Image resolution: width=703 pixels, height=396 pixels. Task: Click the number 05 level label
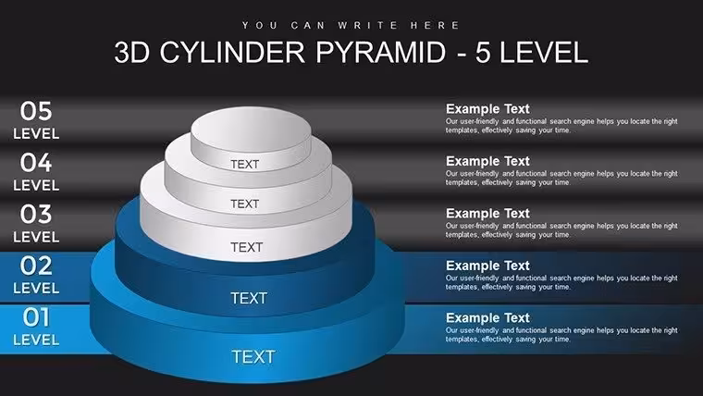[x=36, y=111]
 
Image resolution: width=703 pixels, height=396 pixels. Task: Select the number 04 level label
[x=36, y=163]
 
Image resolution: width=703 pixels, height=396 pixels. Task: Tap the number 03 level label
[x=36, y=215]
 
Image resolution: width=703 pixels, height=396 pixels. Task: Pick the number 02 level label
[x=36, y=266]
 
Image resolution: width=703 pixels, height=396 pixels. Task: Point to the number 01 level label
[x=36, y=317]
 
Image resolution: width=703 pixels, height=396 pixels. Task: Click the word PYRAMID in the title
[x=381, y=52]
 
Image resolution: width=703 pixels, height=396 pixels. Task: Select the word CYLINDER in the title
[x=232, y=52]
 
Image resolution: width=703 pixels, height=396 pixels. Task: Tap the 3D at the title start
[x=131, y=52]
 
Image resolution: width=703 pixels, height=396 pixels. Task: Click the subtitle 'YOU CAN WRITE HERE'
[x=351, y=26]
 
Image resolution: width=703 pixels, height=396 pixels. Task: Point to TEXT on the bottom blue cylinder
[x=253, y=357]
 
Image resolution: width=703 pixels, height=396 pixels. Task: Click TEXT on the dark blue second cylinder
[x=249, y=298]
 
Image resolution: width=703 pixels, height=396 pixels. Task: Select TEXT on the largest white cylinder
[x=246, y=247]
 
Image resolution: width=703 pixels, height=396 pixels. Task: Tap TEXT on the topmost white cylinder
[x=245, y=164]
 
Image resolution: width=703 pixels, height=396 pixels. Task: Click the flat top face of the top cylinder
[x=251, y=128]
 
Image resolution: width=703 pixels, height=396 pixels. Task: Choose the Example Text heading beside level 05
[x=487, y=109]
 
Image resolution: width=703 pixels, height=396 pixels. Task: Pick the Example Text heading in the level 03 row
[x=487, y=214]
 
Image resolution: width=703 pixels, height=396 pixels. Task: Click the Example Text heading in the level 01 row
[x=487, y=318]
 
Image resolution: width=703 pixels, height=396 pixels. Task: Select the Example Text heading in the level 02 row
[x=487, y=266]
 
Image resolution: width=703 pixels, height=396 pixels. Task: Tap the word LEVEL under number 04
[x=36, y=185]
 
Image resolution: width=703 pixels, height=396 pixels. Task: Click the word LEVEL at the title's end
[x=543, y=52]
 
